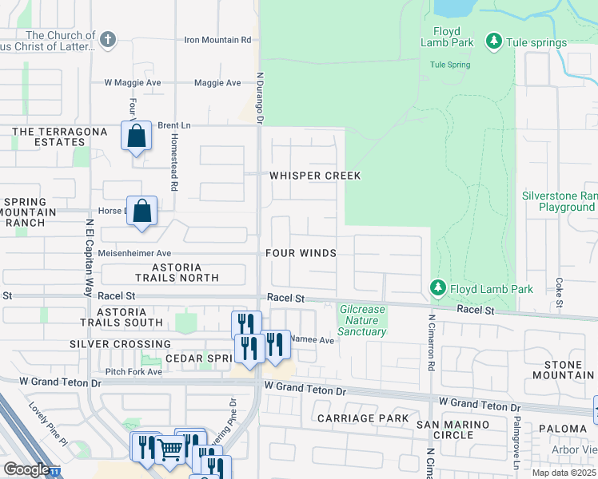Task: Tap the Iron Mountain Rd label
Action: [217, 39]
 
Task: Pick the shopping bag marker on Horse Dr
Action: [142, 211]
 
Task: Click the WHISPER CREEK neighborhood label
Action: [315, 176]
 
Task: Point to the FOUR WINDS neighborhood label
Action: [301, 253]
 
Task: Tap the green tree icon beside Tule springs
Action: [494, 42]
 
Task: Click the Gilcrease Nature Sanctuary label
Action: [362, 320]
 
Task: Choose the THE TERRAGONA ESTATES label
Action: [48, 137]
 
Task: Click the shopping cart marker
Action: [169, 449]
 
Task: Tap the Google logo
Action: [26, 469]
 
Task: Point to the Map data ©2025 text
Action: [563, 473]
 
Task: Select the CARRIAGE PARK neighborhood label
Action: [362, 418]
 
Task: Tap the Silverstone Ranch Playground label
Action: [560, 201]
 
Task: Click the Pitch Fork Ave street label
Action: [134, 372]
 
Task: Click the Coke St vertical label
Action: [559, 292]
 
